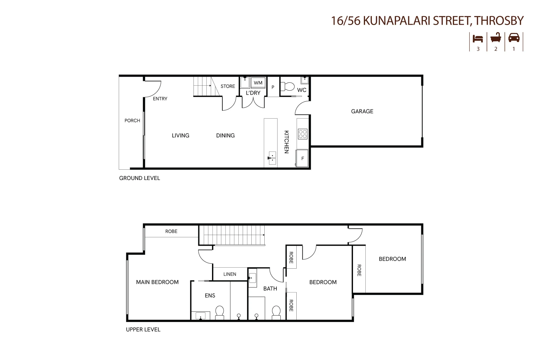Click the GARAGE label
coord(362,111)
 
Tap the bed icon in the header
coord(478,39)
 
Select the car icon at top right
coord(514,38)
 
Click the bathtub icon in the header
coord(496,38)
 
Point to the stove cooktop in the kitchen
coord(303,134)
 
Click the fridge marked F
coord(302,159)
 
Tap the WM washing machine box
coord(258,83)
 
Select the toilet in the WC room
coord(288,87)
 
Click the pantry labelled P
coord(273,87)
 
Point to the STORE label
coord(228,86)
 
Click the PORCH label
coord(132,121)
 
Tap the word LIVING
coord(180,135)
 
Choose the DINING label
coord(225,135)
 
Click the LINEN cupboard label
coord(230,274)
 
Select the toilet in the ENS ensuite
coord(220,312)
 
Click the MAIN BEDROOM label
coord(157,282)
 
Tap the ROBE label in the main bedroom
coord(171,231)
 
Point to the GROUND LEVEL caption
coord(140,178)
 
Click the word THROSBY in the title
coord(499,21)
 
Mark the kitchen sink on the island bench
coord(272,158)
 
